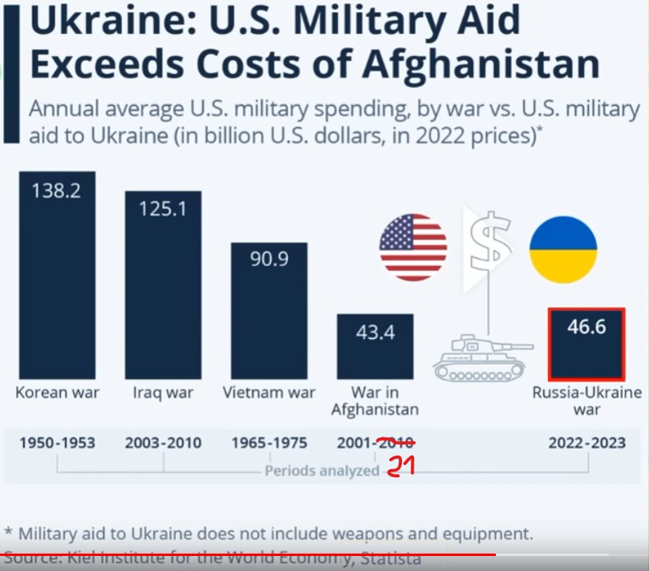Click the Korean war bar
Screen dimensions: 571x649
57,276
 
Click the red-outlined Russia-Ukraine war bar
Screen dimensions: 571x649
586,344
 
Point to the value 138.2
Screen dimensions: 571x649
57,191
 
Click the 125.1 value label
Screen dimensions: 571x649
163,209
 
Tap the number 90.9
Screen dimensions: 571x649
269,259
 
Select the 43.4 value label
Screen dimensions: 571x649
375,332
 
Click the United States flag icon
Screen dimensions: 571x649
413,247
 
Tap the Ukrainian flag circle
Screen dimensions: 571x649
563,249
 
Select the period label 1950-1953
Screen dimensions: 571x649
57,442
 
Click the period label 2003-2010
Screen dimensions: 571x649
163,442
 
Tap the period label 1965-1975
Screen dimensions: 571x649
269,442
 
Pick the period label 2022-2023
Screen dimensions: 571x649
587,442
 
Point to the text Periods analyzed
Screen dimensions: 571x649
322,471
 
